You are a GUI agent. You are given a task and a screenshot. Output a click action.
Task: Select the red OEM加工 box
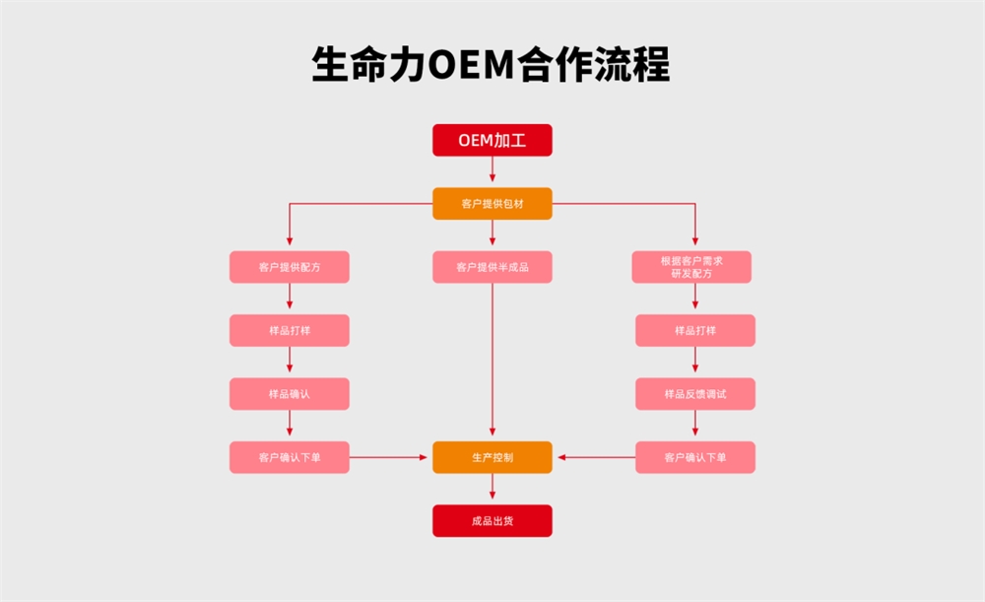tap(492, 140)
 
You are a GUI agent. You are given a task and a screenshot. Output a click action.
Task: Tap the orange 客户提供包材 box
tap(492, 204)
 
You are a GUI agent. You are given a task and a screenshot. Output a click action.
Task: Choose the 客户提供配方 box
tap(289, 267)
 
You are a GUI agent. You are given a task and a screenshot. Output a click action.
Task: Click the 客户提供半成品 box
tap(492, 267)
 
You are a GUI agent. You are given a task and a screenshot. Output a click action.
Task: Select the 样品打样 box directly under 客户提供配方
tap(289, 330)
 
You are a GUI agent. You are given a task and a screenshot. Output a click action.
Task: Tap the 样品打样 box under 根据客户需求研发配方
tap(694, 330)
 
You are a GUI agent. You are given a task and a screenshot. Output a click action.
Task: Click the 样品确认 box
tap(289, 394)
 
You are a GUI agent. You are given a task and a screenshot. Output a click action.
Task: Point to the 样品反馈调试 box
tap(694, 394)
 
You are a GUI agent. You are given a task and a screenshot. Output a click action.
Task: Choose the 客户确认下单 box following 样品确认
tap(289, 457)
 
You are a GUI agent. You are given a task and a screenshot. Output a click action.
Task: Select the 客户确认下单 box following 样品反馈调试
tap(694, 457)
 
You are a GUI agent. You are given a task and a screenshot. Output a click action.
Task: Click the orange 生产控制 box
tap(492, 457)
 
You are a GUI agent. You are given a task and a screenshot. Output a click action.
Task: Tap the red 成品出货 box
tap(492, 520)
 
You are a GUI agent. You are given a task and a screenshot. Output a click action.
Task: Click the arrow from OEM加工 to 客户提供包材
tap(492, 172)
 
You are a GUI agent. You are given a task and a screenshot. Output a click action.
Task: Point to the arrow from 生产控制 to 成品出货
tap(492, 490)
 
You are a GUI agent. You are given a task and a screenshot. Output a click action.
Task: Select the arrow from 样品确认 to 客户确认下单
tap(289, 426)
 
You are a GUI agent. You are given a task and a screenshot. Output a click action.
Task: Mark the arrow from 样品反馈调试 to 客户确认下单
tap(694, 426)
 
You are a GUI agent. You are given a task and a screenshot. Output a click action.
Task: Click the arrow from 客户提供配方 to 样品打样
tap(289, 299)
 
